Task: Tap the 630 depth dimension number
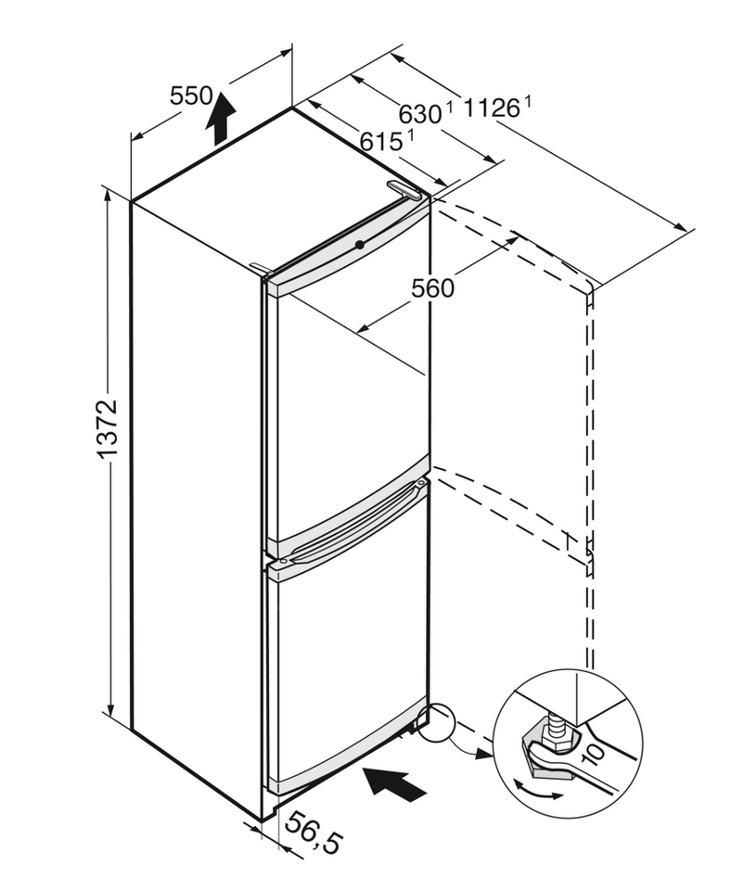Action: point(419,114)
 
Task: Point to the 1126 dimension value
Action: point(491,108)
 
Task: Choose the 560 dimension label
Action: point(433,288)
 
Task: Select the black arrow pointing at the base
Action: point(394,782)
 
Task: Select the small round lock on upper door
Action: point(359,244)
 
